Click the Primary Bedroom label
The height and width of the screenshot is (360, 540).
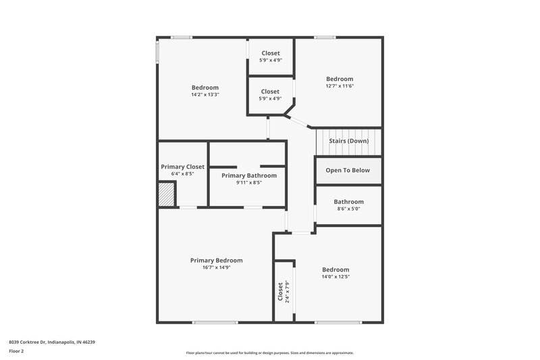[x=216, y=260]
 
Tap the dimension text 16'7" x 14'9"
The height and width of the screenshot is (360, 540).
[x=216, y=267]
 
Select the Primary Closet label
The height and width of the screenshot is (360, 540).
[x=182, y=167]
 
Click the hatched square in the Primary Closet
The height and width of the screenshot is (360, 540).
[x=167, y=196]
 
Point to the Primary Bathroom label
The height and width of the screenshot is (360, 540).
[x=248, y=176]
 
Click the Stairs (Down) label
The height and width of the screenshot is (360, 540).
[x=348, y=141]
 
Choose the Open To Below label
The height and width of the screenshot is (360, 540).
[x=348, y=170]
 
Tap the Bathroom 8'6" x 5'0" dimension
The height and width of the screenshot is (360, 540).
[x=348, y=209]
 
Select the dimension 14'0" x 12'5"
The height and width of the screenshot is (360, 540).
[x=335, y=276]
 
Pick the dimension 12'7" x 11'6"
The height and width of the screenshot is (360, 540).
[x=340, y=86]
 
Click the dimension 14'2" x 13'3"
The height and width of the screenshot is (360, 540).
[x=205, y=95]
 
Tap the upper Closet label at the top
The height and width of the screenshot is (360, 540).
[x=270, y=53]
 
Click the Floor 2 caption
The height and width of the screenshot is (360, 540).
[x=17, y=352]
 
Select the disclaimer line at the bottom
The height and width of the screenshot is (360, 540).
[x=269, y=353]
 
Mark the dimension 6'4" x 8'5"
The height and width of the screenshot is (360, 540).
[x=182, y=174]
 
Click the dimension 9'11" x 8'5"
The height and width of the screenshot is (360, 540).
[x=248, y=182]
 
